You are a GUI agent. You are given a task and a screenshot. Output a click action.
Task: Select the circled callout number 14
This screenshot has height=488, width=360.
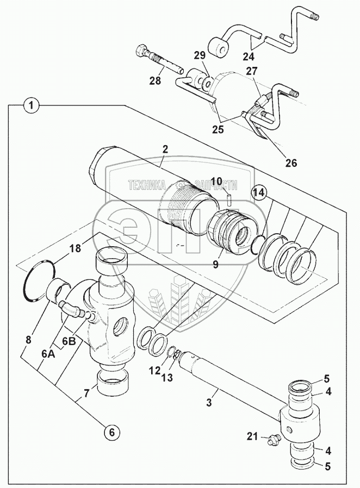(x=259, y=192)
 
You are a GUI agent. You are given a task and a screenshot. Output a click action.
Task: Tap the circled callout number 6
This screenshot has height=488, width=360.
(x=110, y=432)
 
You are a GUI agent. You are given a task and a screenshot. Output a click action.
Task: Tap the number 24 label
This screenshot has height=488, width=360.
(x=247, y=56)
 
